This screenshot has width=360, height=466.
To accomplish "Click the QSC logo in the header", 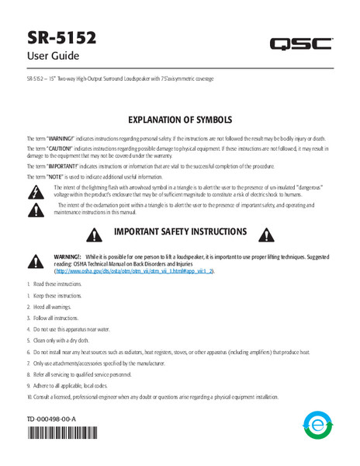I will pyautogui.click(x=301, y=44).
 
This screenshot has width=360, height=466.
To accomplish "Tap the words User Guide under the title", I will pyautogui.click(x=53, y=56).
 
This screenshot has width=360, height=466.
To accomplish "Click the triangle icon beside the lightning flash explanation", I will pyautogui.click(x=35, y=190).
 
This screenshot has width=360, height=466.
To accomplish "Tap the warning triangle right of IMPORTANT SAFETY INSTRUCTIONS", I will pyautogui.click(x=268, y=234).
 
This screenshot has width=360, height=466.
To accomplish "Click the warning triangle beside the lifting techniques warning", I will pyautogui.click(x=36, y=261).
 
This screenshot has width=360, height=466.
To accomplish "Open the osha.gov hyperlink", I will pyautogui.click(x=133, y=273).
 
